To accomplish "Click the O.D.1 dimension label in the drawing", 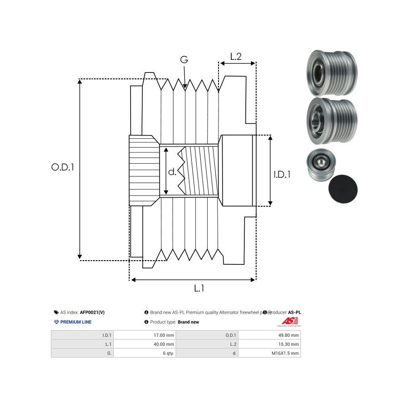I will (63, 167).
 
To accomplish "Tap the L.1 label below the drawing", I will (199, 288).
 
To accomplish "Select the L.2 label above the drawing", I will (235, 57).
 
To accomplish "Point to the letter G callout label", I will (184, 60).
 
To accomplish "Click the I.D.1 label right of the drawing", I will (282, 174).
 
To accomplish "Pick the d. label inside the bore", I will (172, 172).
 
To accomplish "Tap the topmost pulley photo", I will (331, 73).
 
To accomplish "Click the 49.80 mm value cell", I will (289, 335).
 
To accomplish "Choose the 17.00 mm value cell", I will (164, 335).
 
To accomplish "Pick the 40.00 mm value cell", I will (164, 344).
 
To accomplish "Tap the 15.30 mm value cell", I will (289, 344).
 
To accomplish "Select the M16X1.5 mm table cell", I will (285, 353).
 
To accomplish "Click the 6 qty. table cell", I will (168, 353).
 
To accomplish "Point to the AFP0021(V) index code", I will (92, 312).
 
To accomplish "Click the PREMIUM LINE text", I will (76, 322).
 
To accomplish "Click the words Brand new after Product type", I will (188, 322).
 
